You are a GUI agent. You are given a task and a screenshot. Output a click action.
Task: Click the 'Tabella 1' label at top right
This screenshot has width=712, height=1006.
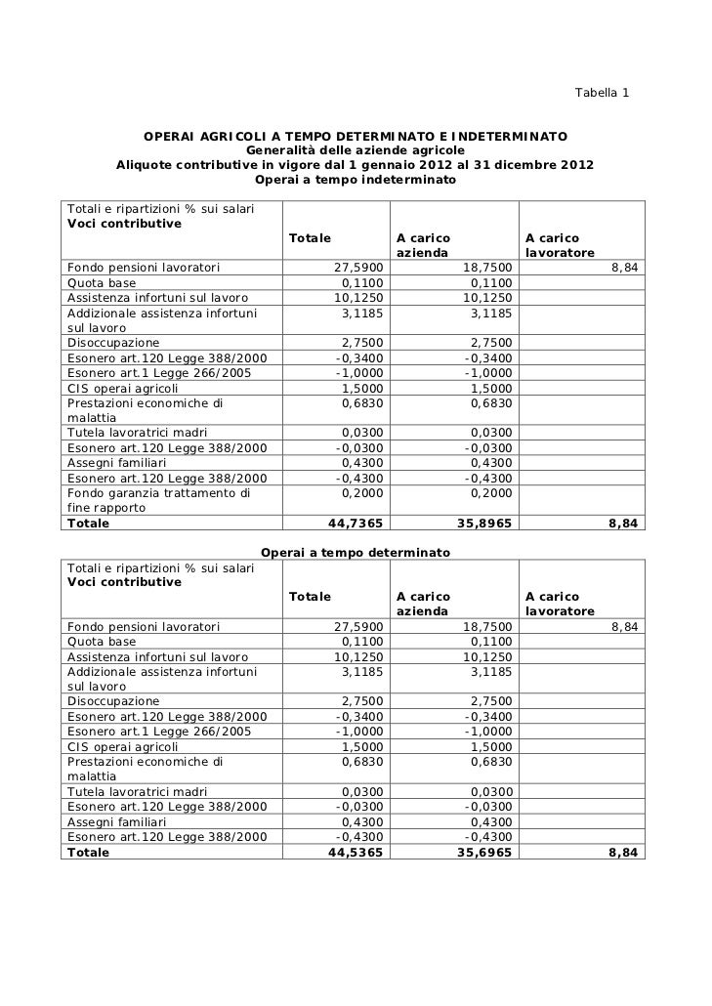click(602, 93)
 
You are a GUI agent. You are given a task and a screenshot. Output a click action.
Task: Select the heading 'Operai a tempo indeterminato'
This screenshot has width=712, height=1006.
click(356, 181)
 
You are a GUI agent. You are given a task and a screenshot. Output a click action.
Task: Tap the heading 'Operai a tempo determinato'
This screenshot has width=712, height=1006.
click(356, 553)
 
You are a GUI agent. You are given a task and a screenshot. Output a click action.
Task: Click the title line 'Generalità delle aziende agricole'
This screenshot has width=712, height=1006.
click(355, 149)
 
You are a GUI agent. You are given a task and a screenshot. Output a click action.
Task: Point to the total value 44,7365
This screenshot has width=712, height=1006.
click(356, 523)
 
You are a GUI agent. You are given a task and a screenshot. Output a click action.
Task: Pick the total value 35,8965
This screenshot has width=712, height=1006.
click(482, 523)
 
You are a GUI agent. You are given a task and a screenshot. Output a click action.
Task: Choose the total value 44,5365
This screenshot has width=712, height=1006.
click(356, 852)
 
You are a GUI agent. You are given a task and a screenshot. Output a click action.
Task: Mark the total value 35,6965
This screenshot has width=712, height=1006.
click(482, 852)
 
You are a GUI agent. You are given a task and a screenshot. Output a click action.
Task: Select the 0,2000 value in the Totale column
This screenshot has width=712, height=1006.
click(362, 493)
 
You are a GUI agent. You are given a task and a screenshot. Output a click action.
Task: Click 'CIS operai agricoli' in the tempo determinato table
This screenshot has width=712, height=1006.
click(122, 746)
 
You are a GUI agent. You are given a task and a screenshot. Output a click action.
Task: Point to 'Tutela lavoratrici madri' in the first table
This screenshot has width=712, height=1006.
click(136, 433)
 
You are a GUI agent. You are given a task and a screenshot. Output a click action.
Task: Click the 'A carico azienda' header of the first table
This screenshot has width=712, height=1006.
click(423, 245)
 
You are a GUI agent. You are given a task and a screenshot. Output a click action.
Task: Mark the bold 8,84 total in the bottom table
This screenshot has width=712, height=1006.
click(622, 852)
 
